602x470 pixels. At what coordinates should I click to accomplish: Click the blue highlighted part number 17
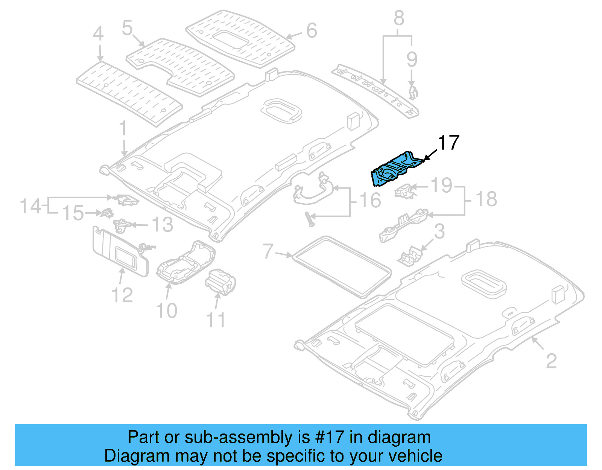395,168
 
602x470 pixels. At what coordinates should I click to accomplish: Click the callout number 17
448,143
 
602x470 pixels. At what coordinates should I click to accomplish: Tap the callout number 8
399,18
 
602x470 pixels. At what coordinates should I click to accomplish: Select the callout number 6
312,30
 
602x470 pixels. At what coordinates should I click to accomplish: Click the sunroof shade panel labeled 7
342,266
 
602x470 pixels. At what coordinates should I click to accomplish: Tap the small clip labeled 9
413,92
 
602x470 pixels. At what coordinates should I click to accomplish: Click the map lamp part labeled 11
220,281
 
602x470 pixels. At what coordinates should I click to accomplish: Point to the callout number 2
551,361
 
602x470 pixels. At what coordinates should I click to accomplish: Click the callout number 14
30,206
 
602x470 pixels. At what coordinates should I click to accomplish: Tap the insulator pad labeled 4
128,92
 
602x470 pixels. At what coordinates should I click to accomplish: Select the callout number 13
162,225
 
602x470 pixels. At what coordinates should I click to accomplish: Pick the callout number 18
486,199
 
